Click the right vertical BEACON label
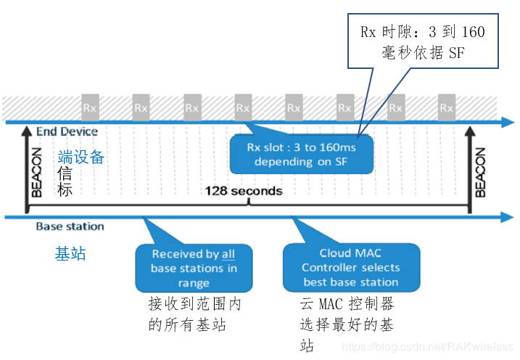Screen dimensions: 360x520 480,173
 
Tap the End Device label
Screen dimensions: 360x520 67,131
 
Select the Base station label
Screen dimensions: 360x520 70,226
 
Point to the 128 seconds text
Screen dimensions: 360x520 244,191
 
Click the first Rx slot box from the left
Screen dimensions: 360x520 91,108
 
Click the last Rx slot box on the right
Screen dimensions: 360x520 447,108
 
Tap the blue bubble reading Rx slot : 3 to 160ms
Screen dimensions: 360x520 302,154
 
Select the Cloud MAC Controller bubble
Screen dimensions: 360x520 350,267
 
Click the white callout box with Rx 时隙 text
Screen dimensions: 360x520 422,42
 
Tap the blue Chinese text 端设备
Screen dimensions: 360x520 81,157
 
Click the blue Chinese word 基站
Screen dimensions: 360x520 70,253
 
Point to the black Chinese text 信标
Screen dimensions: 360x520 66,181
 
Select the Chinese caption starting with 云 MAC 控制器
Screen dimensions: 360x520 347,324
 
